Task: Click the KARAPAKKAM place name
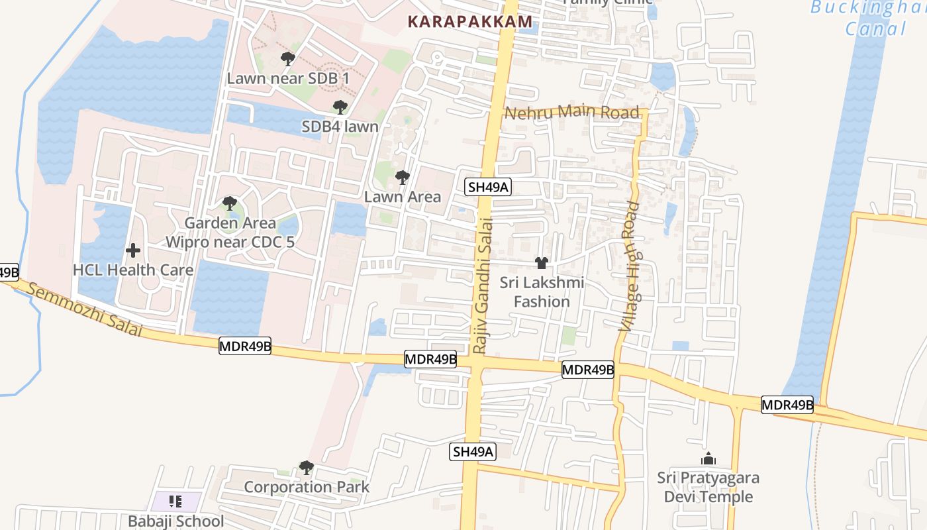coord(469,22)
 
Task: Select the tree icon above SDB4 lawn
coord(340,107)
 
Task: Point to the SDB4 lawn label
coord(340,127)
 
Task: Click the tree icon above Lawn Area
coord(402,178)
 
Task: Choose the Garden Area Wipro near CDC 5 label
coord(230,233)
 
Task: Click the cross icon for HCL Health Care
coord(133,250)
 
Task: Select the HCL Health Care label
coord(133,270)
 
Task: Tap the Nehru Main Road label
coord(572,112)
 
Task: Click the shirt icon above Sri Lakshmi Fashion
coord(542,263)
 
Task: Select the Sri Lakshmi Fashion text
coord(542,292)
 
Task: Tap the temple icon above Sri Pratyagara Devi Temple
coord(708,458)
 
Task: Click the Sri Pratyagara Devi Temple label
coord(708,488)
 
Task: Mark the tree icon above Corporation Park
coord(306,468)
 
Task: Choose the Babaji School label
coord(175,521)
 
